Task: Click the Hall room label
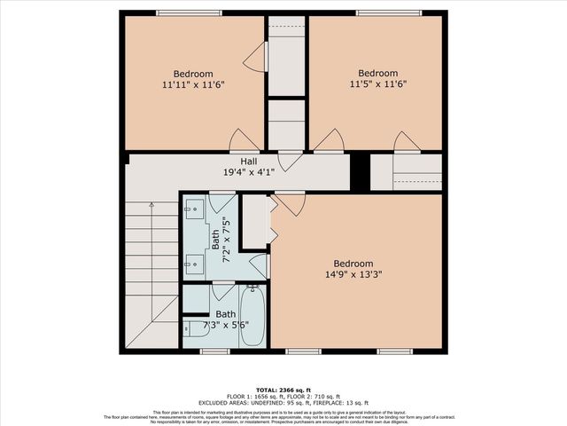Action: click(x=248, y=161)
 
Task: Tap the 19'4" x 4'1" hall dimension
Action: click(x=248, y=172)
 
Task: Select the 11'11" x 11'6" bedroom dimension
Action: click(x=193, y=85)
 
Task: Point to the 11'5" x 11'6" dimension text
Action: click(x=377, y=85)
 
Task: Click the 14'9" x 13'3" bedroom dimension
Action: click(x=353, y=275)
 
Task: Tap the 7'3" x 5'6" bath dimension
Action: click(x=226, y=327)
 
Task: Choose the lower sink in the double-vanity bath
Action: click(x=195, y=263)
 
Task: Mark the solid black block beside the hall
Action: click(x=359, y=171)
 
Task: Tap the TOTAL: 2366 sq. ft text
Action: click(x=283, y=390)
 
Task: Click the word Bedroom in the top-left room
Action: click(x=193, y=74)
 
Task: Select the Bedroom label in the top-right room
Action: click(x=377, y=74)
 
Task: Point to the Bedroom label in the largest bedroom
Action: click(x=353, y=264)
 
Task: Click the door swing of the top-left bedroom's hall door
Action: click(x=244, y=140)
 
